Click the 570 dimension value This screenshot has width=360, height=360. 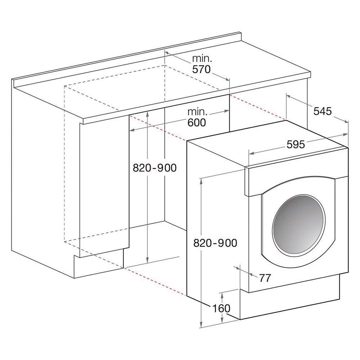click(x=201, y=69)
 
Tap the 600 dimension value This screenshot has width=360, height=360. click(x=197, y=122)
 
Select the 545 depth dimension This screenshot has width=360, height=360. click(x=322, y=111)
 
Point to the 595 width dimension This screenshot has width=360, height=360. click(x=296, y=144)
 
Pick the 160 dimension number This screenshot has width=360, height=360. click(x=221, y=308)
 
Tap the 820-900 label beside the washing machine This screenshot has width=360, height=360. click(x=215, y=243)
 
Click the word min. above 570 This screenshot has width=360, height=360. click(x=202, y=58)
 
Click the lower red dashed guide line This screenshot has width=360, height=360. click(x=155, y=281)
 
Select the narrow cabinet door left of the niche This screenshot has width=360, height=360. click(x=104, y=187)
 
